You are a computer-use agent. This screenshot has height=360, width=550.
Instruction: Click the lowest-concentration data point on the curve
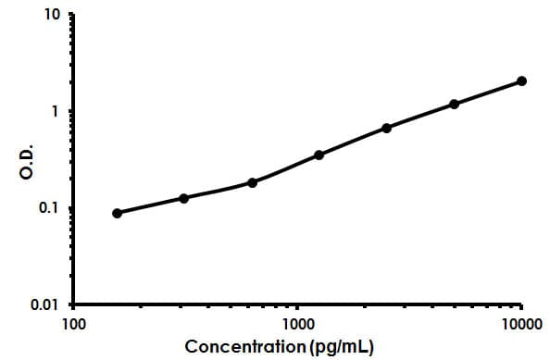pos(117,213)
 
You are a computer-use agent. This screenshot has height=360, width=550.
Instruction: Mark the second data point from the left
pos(184,198)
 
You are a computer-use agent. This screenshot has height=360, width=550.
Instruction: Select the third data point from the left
pos(252,182)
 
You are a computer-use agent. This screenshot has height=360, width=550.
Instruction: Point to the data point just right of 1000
pos(319,155)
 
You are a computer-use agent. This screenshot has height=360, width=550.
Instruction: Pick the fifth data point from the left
pos(386,128)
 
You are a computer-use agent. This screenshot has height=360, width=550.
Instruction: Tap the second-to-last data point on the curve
pos(454,104)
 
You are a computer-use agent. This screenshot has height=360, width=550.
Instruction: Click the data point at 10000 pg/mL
pos(521,81)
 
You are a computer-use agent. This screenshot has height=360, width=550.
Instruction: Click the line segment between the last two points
pos(488,93)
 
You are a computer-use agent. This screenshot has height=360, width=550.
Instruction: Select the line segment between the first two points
pos(151,205)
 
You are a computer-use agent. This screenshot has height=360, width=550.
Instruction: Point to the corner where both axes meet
pos(73,304)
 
